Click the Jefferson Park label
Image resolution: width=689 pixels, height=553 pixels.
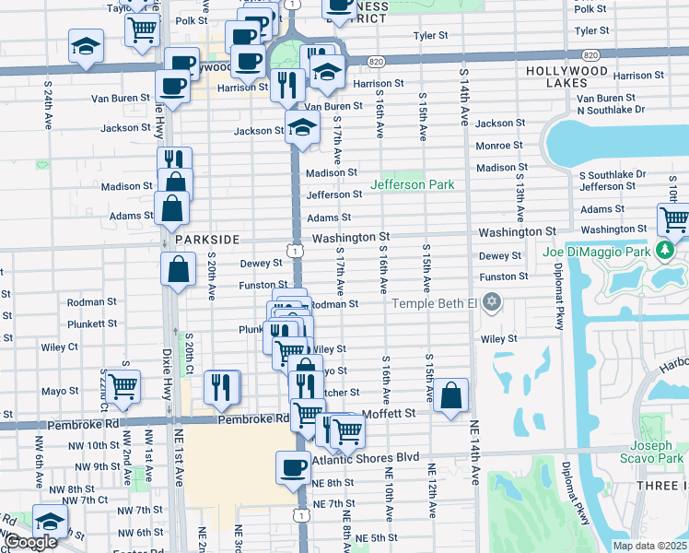pos(412,184)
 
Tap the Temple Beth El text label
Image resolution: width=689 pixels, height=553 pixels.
pos(436,303)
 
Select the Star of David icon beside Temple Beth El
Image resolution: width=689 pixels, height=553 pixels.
pos(492,302)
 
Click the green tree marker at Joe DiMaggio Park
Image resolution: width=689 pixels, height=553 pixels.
pos(664,250)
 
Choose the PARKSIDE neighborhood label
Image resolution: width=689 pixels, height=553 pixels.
pos(207,239)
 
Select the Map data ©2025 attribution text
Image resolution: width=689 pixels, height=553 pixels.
pos(649,546)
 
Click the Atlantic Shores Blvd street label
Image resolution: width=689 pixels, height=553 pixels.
pos(366,458)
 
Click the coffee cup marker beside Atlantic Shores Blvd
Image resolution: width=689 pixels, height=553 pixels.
pos(293,467)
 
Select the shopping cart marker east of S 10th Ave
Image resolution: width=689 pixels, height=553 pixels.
pos(674,220)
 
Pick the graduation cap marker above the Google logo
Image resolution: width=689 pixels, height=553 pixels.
pos(50,521)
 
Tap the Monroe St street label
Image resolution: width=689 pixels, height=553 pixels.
pos(499,146)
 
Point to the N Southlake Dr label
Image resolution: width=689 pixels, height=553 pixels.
pos(611,109)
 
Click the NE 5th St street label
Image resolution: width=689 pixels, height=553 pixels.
pos(376,537)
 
